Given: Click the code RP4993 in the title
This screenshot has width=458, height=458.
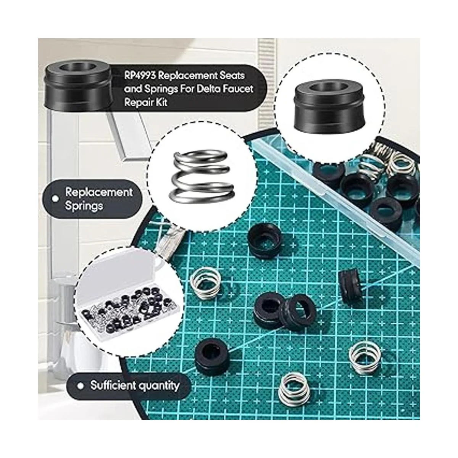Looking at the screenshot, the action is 140,76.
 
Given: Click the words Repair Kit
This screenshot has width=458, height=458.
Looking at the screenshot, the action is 146,103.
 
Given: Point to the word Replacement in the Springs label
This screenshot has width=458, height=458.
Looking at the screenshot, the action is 99,192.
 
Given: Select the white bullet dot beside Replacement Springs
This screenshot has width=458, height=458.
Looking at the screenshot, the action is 55,199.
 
